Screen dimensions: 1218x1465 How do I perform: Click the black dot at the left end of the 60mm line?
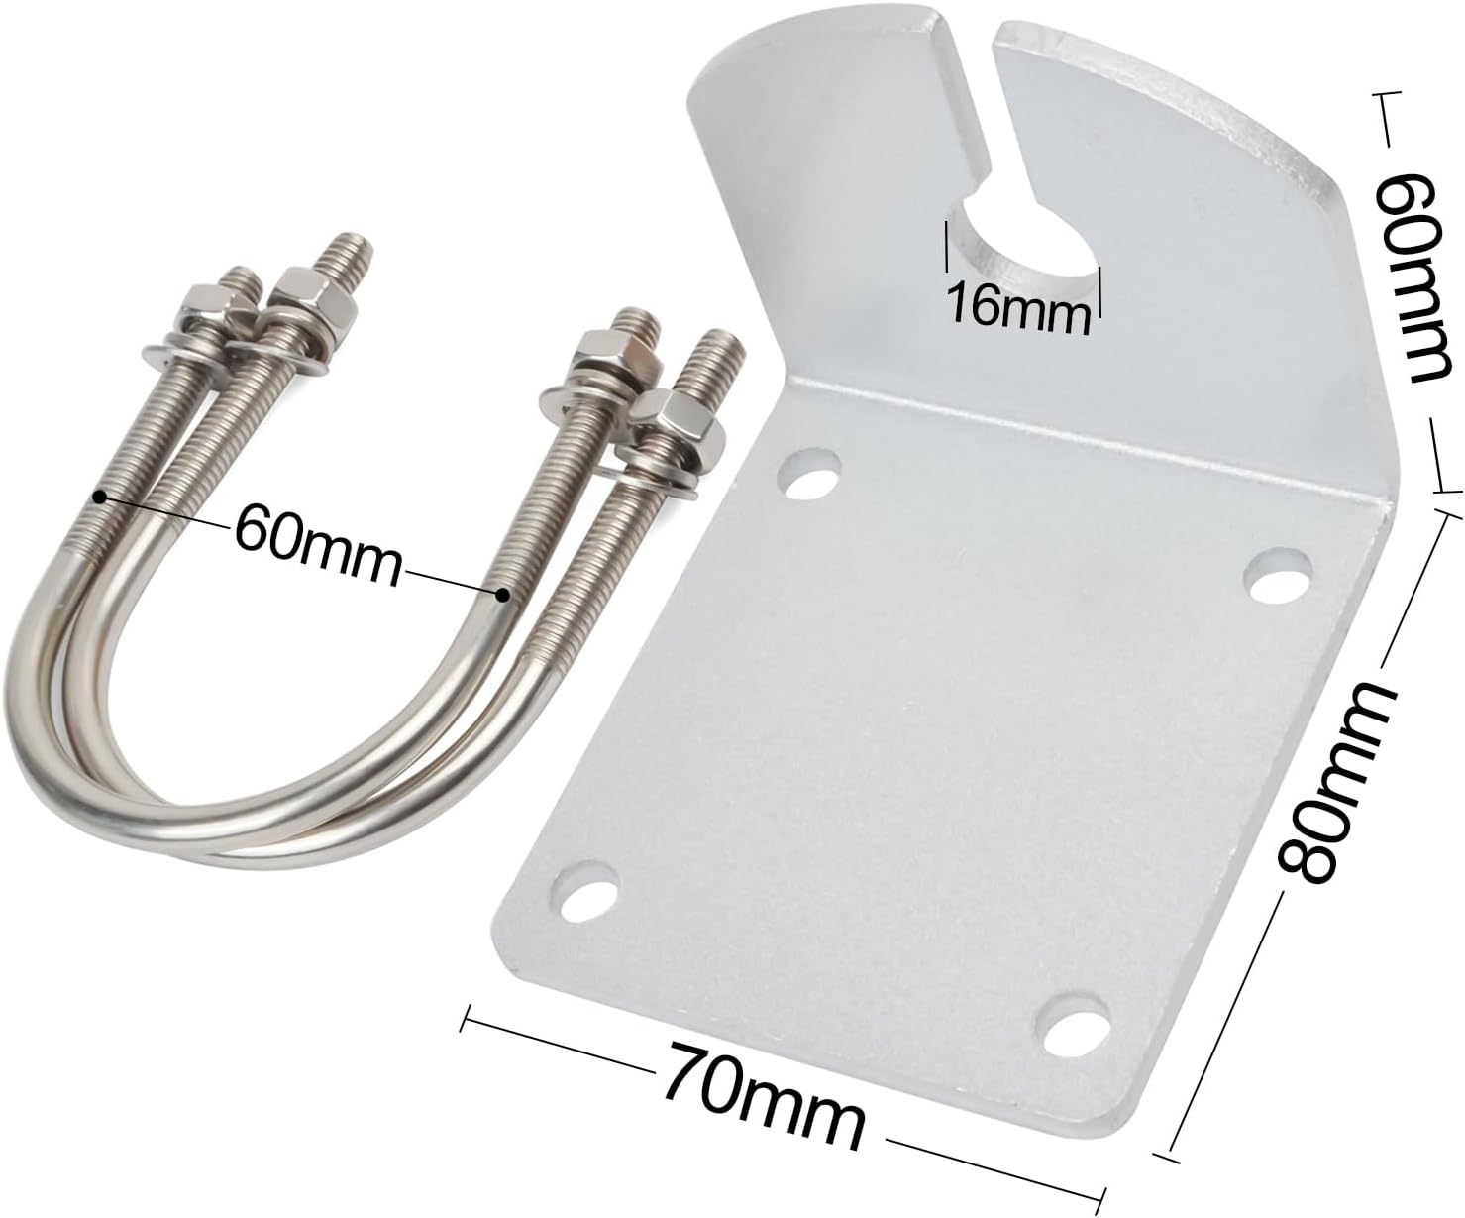[x=98, y=496]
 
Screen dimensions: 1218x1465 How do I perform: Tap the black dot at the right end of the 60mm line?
[x=503, y=595]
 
